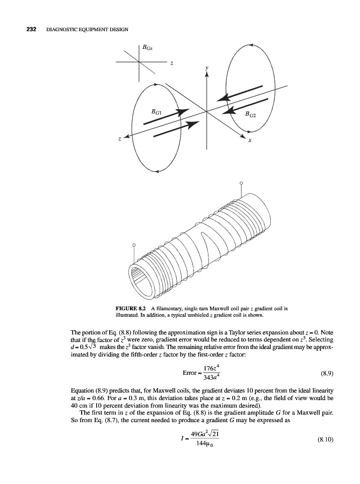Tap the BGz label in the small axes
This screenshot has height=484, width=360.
(x=147, y=49)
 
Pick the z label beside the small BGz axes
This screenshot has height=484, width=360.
(x=171, y=64)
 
